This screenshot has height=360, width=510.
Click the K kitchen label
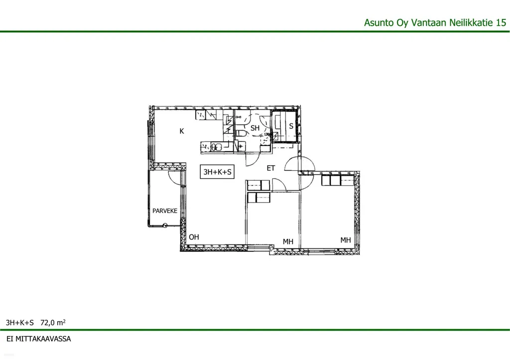[x=182, y=131]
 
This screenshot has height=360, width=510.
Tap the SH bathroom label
[x=255, y=128]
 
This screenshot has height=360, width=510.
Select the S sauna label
[x=291, y=126]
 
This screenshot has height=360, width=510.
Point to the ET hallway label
[x=271, y=168]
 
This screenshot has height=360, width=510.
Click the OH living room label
[x=194, y=237]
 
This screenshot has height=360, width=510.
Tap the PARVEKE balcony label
[x=165, y=211]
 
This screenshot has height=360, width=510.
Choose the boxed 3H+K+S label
[x=217, y=172]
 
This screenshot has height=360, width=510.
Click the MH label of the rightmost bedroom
[x=346, y=240]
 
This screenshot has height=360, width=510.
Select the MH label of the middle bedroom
[x=288, y=241]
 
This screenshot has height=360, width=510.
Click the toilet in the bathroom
[x=241, y=133]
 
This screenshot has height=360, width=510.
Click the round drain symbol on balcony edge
[x=165, y=225]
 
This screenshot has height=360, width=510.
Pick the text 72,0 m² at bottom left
[x=53, y=323]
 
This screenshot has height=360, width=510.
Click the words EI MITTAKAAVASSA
[x=39, y=339]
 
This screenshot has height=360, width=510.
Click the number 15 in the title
[x=501, y=22]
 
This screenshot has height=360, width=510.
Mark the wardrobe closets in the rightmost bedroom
[x=338, y=180]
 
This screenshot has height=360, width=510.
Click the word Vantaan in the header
[x=429, y=22]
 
